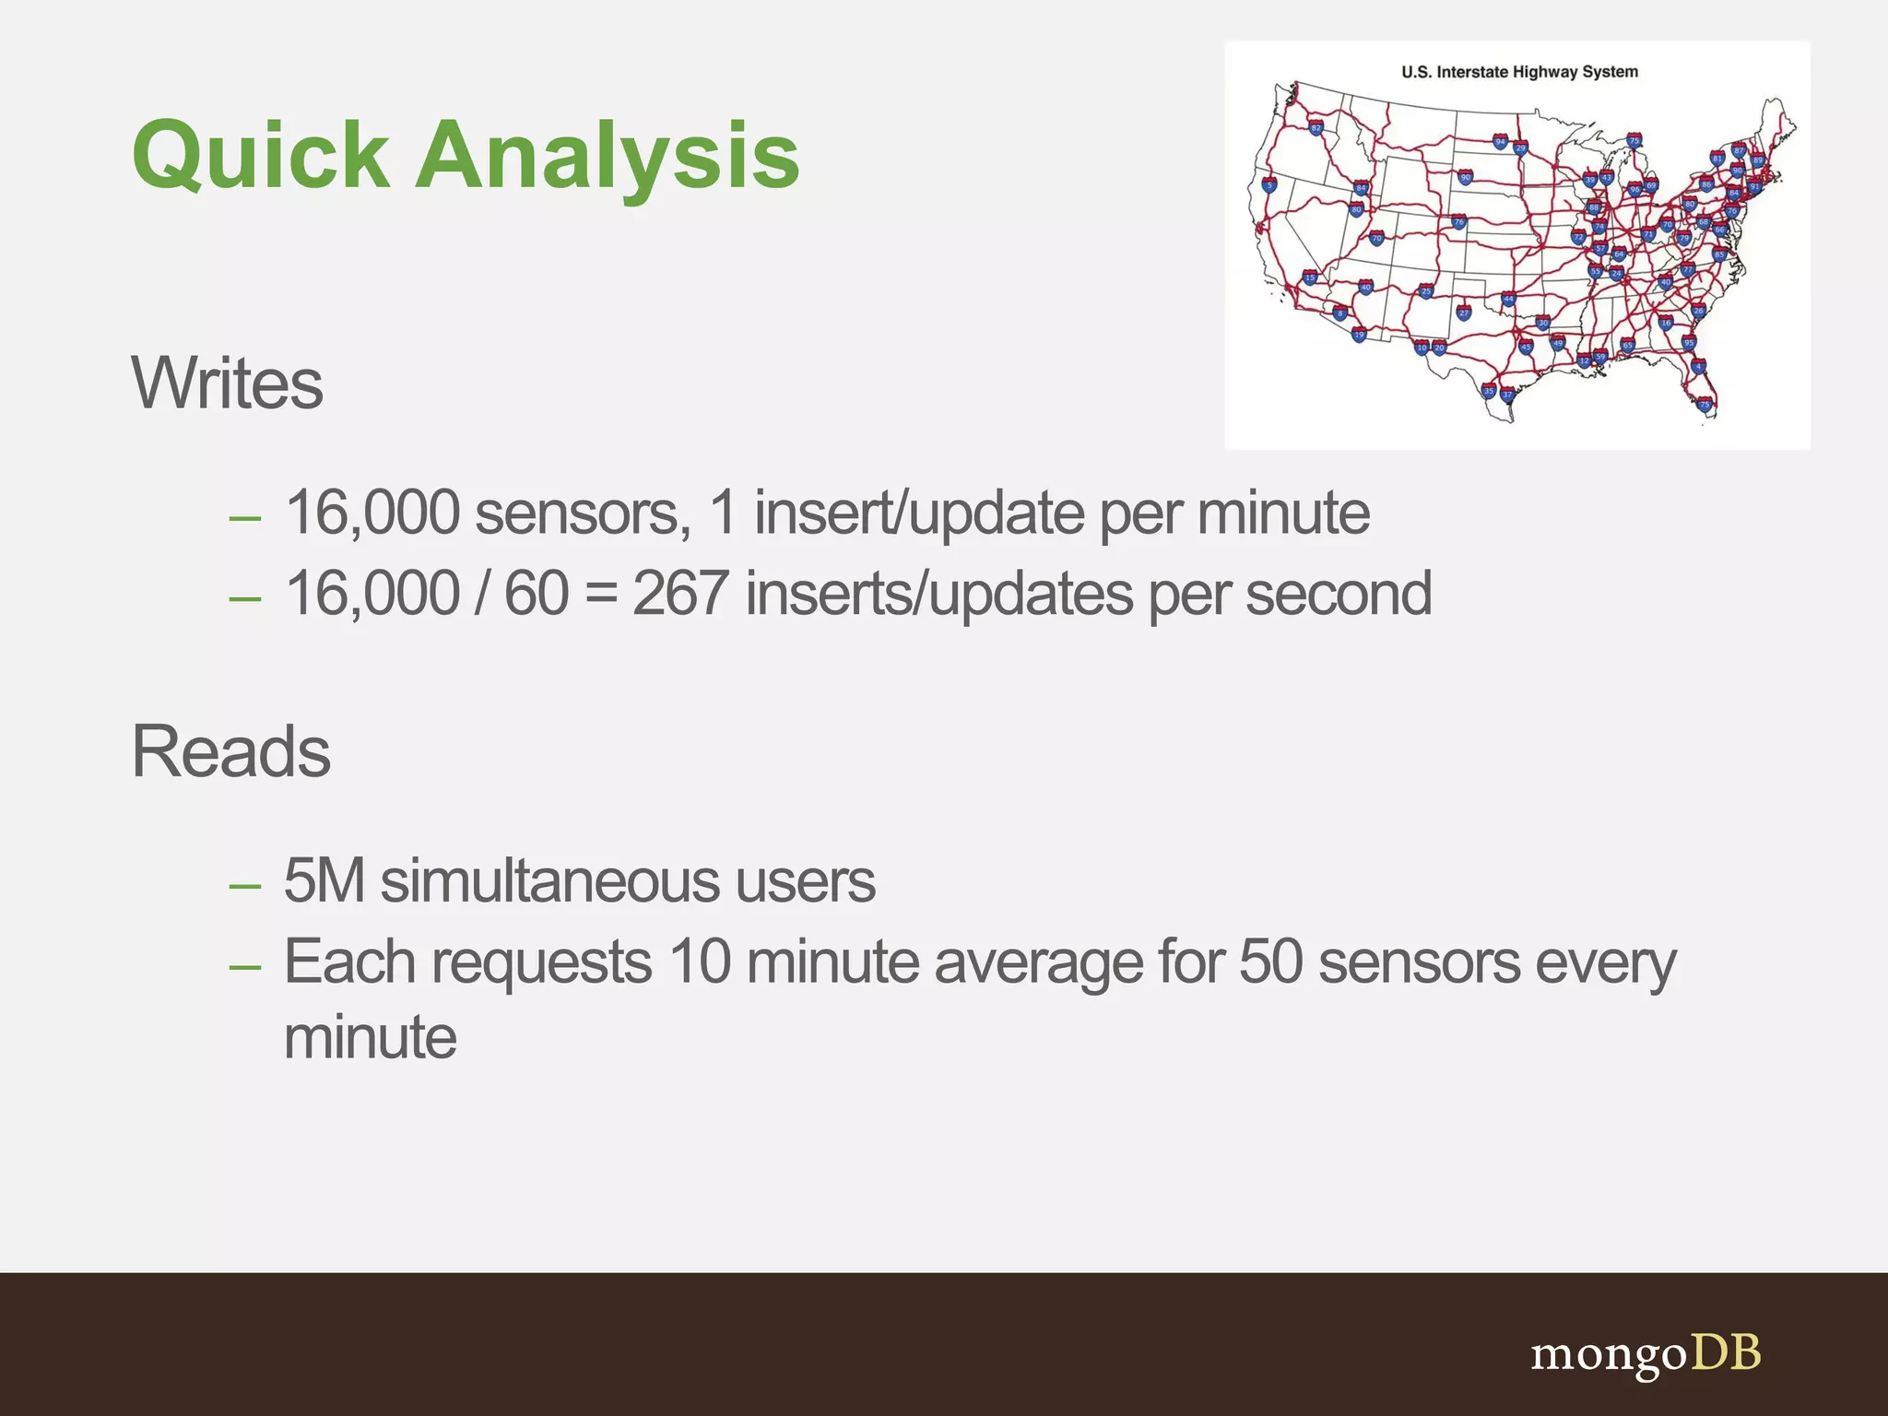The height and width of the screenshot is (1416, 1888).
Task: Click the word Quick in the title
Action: (261, 157)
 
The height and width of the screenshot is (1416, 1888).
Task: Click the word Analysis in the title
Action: (608, 157)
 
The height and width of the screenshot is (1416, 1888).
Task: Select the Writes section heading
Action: (227, 383)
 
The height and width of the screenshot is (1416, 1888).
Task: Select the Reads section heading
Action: (230, 751)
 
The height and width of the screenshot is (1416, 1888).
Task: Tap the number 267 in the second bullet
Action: (680, 594)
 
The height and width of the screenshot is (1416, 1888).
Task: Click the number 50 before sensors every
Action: (1270, 962)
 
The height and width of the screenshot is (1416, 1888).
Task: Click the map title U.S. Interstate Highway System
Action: (1519, 72)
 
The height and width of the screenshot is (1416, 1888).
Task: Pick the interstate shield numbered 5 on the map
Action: (1269, 185)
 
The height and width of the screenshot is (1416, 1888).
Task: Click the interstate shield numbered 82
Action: (1316, 128)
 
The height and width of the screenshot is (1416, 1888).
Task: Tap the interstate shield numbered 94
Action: (1500, 142)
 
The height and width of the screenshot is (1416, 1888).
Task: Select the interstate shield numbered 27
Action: (1463, 313)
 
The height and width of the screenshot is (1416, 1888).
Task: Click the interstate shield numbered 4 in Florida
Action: (1698, 367)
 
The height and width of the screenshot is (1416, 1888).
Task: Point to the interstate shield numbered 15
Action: (1310, 277)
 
